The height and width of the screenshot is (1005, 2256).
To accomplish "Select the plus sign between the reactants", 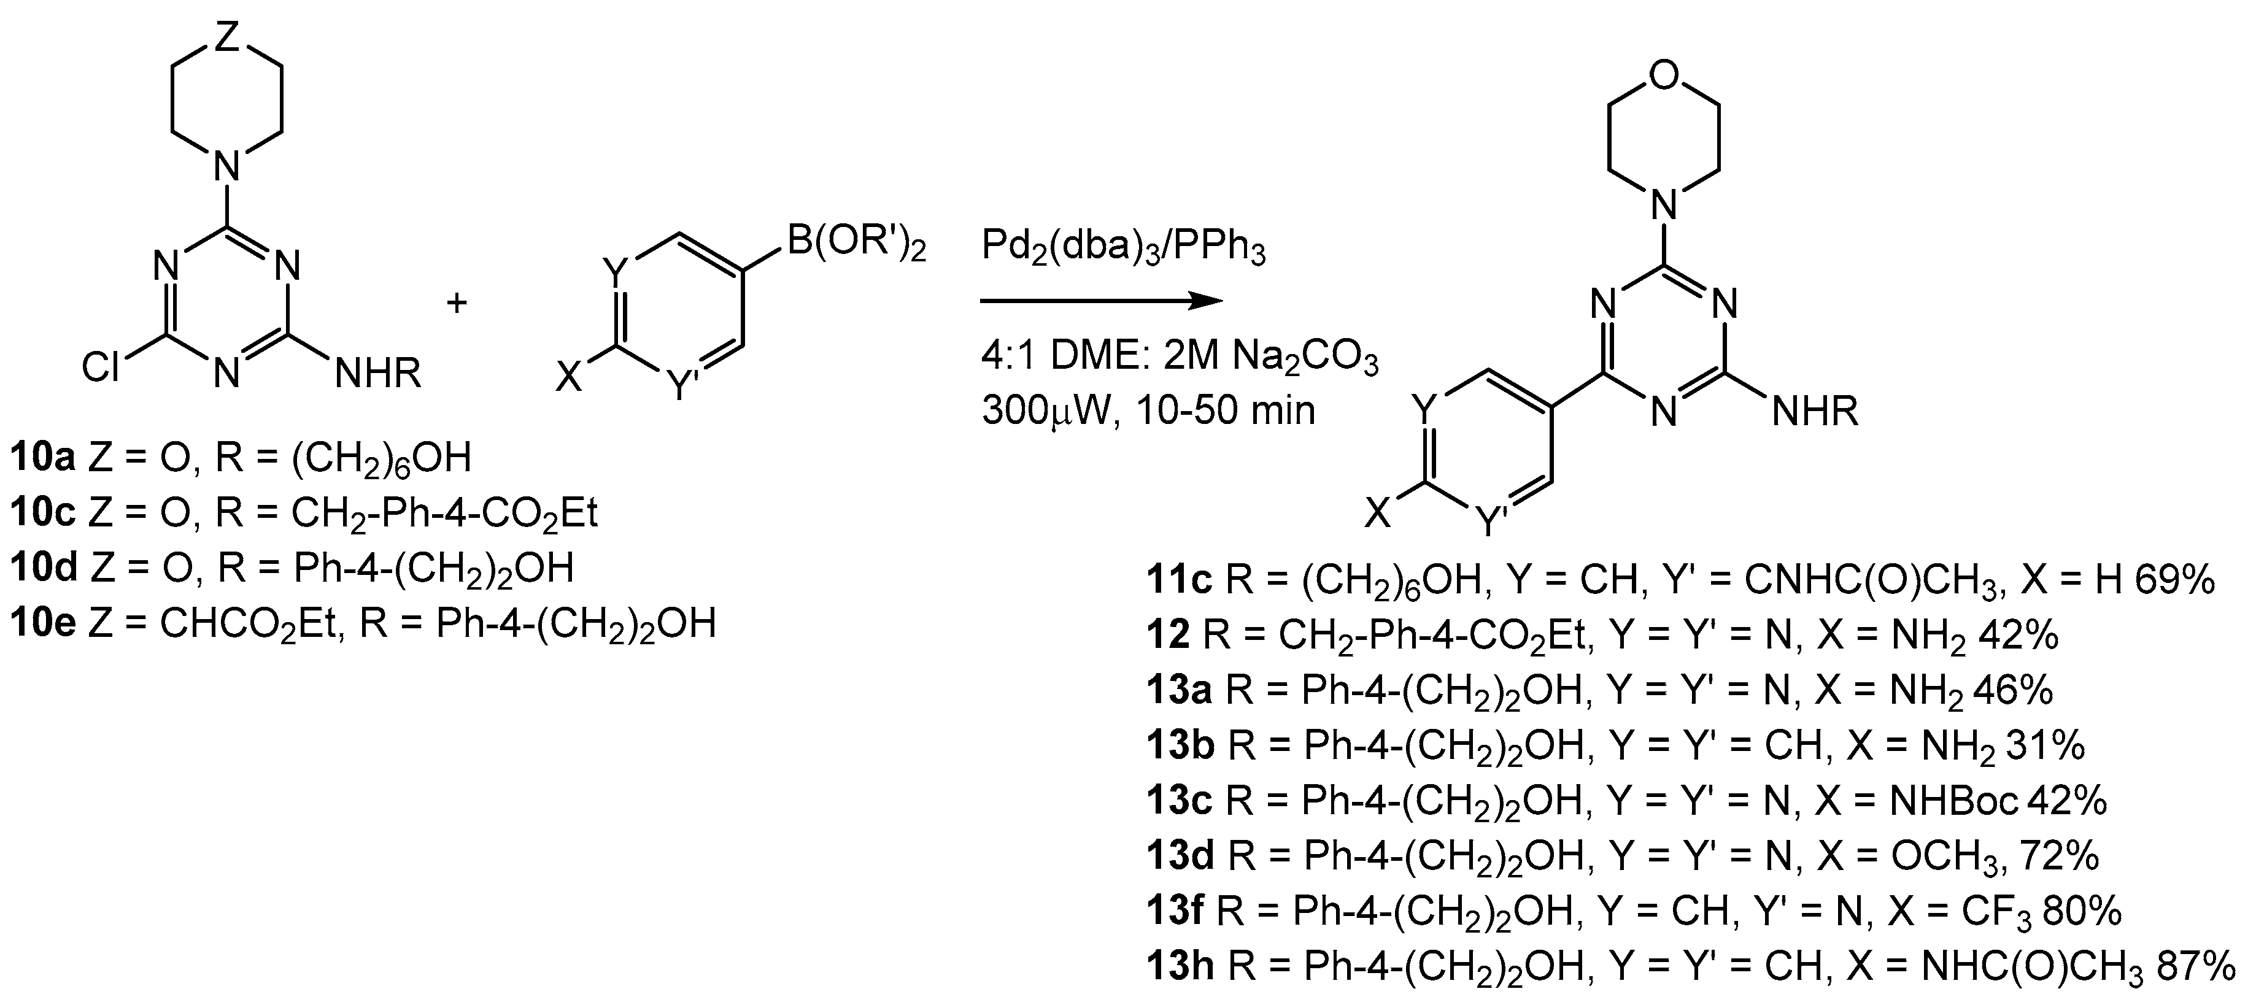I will [457, 304].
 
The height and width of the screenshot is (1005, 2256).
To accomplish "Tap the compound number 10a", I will [43, 457].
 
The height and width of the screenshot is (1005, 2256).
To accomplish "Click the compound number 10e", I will [43, 623].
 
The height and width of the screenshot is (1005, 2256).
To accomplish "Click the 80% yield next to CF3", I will [2082, 911].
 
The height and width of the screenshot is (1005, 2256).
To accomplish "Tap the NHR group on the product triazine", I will [1815, 412].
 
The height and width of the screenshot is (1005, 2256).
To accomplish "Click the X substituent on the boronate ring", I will [570, 379].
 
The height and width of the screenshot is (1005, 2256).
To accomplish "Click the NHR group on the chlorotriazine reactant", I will [378, 374].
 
